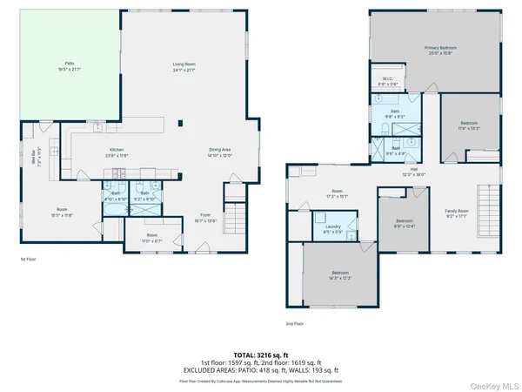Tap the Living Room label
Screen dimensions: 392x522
click(183, 66)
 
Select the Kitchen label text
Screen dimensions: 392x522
click(117, 152)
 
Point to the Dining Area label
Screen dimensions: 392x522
click(219, 152)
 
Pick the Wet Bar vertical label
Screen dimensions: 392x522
click(37, 160)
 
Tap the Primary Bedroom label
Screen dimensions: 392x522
click(440, 50)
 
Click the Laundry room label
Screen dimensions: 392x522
click(332, 229)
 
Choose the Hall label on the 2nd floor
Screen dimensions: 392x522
click(414, 171)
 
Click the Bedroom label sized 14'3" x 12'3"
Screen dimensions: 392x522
click(339, 274)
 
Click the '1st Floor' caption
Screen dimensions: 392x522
click(29, 259)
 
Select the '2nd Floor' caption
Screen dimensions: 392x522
click(295, 323)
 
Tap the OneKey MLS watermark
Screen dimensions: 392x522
click(494, 383)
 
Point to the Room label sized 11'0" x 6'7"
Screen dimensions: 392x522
click(151, 238)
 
